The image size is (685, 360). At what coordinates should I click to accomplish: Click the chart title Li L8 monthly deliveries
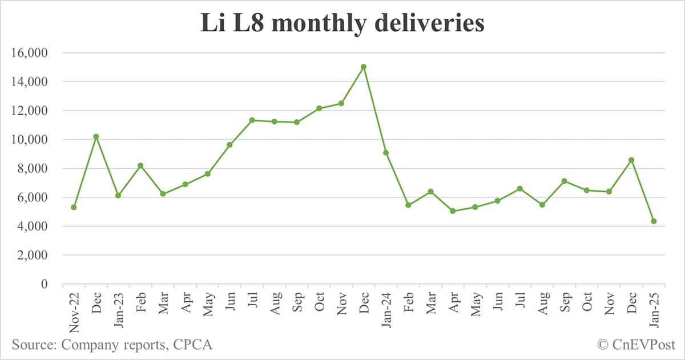point(342,24)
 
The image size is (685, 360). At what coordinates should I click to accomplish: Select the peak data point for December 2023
point(364,67)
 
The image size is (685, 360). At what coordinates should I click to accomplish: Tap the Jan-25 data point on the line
point(654,221)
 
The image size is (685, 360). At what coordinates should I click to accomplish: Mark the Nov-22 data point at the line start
point(74,207)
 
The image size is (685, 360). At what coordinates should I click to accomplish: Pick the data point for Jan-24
point(386,152)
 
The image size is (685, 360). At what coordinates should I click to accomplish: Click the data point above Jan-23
point(118,195)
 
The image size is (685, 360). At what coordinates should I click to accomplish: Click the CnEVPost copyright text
point(636,345)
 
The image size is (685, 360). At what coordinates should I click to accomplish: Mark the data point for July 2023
point(252,120)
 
